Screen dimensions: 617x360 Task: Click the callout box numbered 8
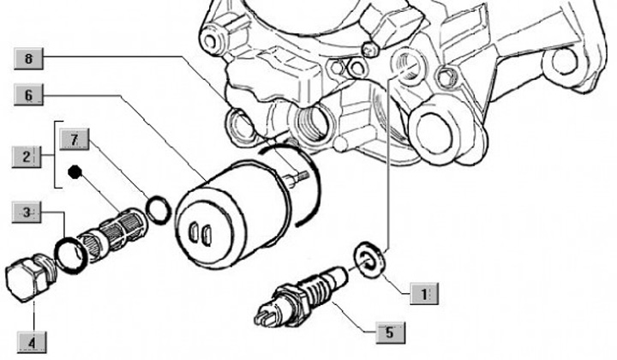tap(29, 59)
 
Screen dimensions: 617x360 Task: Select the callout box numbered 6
tap(29, 95)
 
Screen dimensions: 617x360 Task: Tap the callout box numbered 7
tap(75, 139)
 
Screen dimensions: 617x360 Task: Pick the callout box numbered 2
tap(27, 157)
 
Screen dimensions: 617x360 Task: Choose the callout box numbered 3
tap(27, 213)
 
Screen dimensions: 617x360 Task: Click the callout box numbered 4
tap(32, 343)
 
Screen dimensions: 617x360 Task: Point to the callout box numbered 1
tap(424, 293)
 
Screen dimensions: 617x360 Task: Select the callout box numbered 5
tap(391, 333)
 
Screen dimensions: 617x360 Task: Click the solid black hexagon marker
tap(75, 172)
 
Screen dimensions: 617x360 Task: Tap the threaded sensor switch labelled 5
tap(301, 296)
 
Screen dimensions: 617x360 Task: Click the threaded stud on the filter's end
tap(294, 177)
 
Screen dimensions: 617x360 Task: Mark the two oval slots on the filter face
tap(200, 234)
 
